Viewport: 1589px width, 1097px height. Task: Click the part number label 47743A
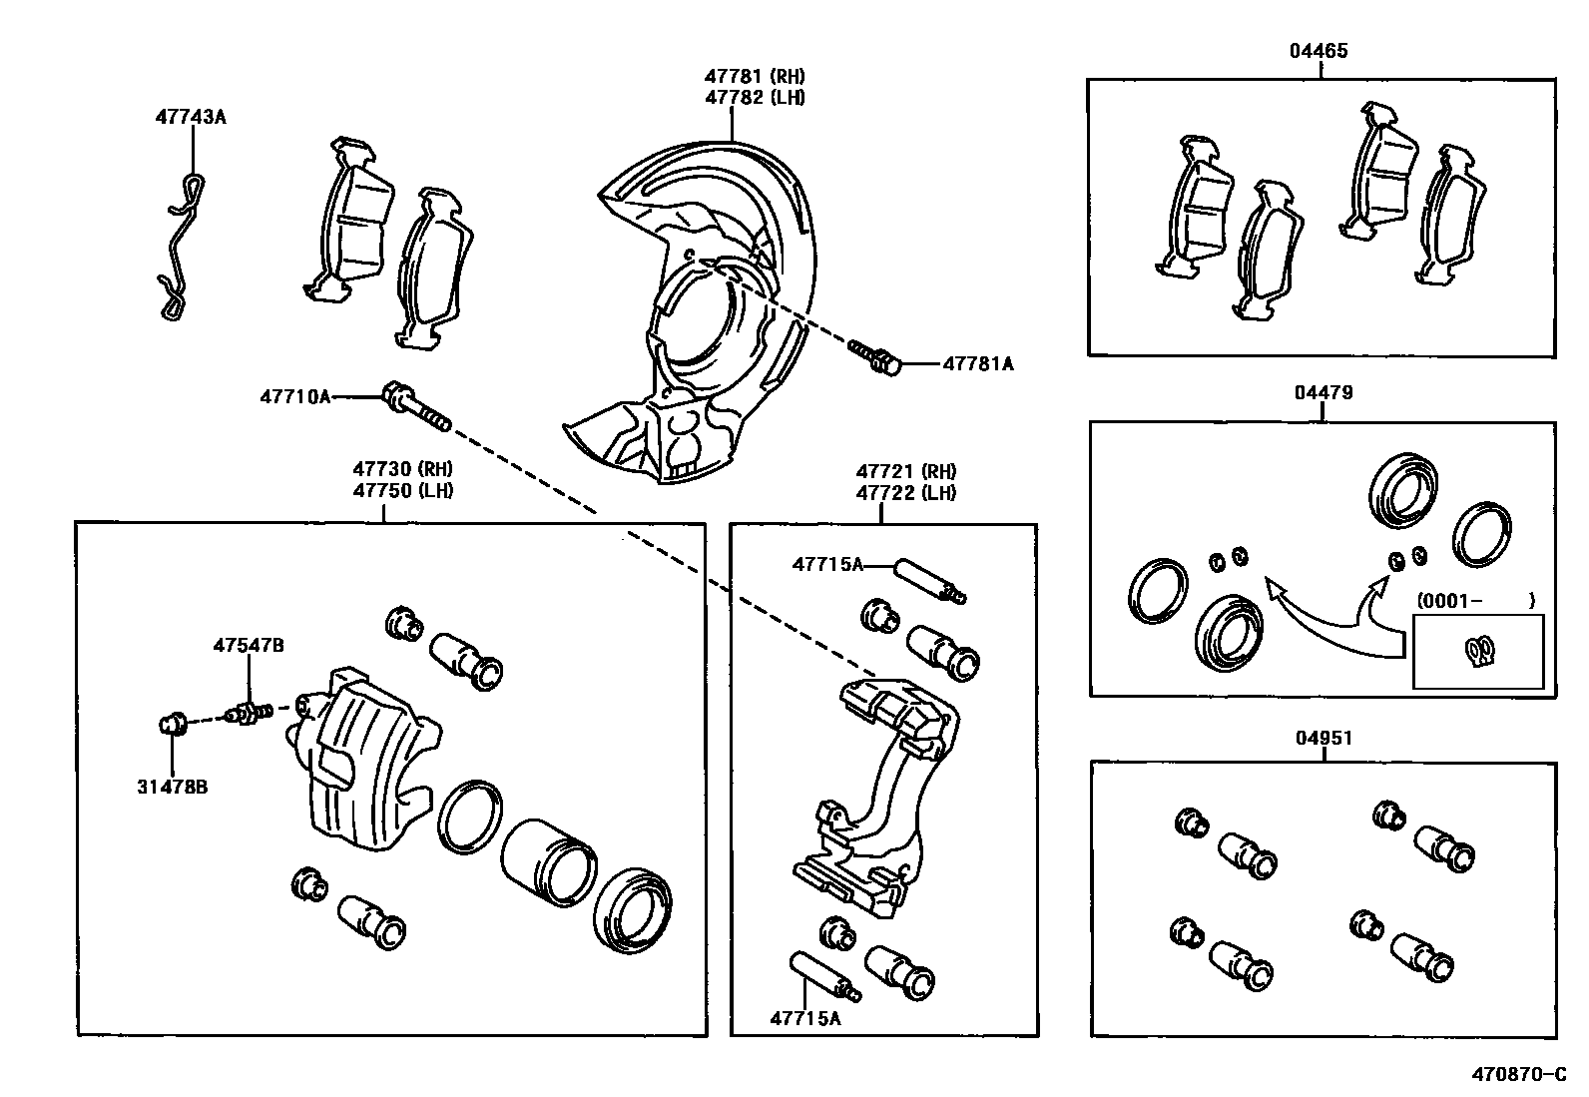pos(190,117)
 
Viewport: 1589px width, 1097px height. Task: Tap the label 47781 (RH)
pos(754,76)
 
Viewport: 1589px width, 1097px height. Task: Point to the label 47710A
pos(294,396)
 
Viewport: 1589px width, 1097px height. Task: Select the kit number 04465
pos(1319,50)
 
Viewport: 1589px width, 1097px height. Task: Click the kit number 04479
pos(1323,392)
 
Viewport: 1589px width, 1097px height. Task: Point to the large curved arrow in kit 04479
pos(1327,619)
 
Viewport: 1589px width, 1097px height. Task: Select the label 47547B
pos(248,646)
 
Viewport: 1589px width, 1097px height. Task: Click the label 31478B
pos(173,787)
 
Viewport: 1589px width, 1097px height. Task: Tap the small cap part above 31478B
pos(173,721)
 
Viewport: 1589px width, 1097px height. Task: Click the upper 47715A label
pos(826,564)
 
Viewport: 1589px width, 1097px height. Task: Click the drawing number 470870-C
pos(1519,1075)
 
